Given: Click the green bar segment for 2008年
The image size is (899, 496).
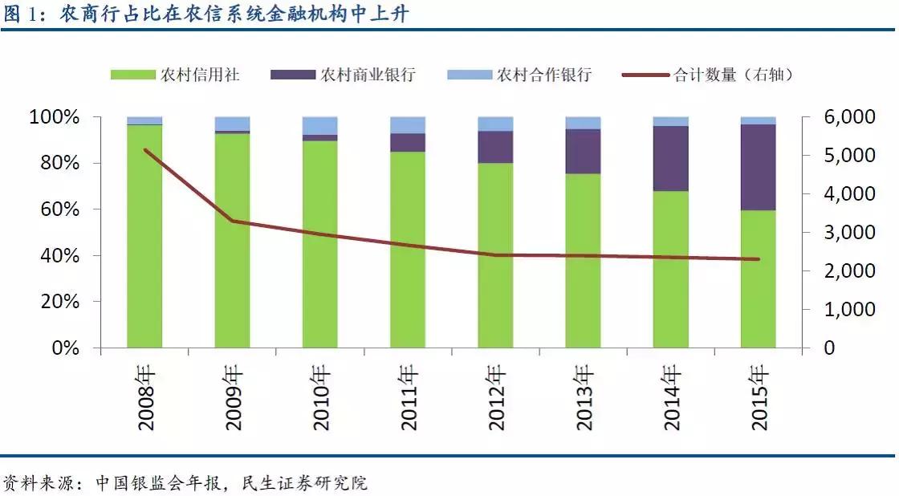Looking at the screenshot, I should pos(144,241).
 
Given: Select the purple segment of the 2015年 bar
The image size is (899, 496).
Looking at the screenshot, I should pos(757,167).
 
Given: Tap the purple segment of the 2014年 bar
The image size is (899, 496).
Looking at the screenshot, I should pos(670,158).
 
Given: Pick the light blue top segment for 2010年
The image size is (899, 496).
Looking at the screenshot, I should pos(319,126).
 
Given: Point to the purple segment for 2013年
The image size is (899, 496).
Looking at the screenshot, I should pos(583,151).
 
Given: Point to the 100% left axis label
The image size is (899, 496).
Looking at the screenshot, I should pos(55,117).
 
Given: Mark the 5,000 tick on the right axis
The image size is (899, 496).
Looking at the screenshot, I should pos(840,156).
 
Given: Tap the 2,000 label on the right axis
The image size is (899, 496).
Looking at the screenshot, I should pos(840,271).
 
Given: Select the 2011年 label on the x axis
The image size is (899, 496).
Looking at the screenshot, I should pos(408,398).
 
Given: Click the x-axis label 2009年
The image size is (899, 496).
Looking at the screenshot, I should pos(233,398).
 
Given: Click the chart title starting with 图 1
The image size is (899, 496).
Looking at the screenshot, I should pos(209,14).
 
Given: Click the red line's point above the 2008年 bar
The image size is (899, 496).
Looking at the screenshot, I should pos(144,150).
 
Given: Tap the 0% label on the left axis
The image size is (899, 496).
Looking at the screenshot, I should pos(68,348).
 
